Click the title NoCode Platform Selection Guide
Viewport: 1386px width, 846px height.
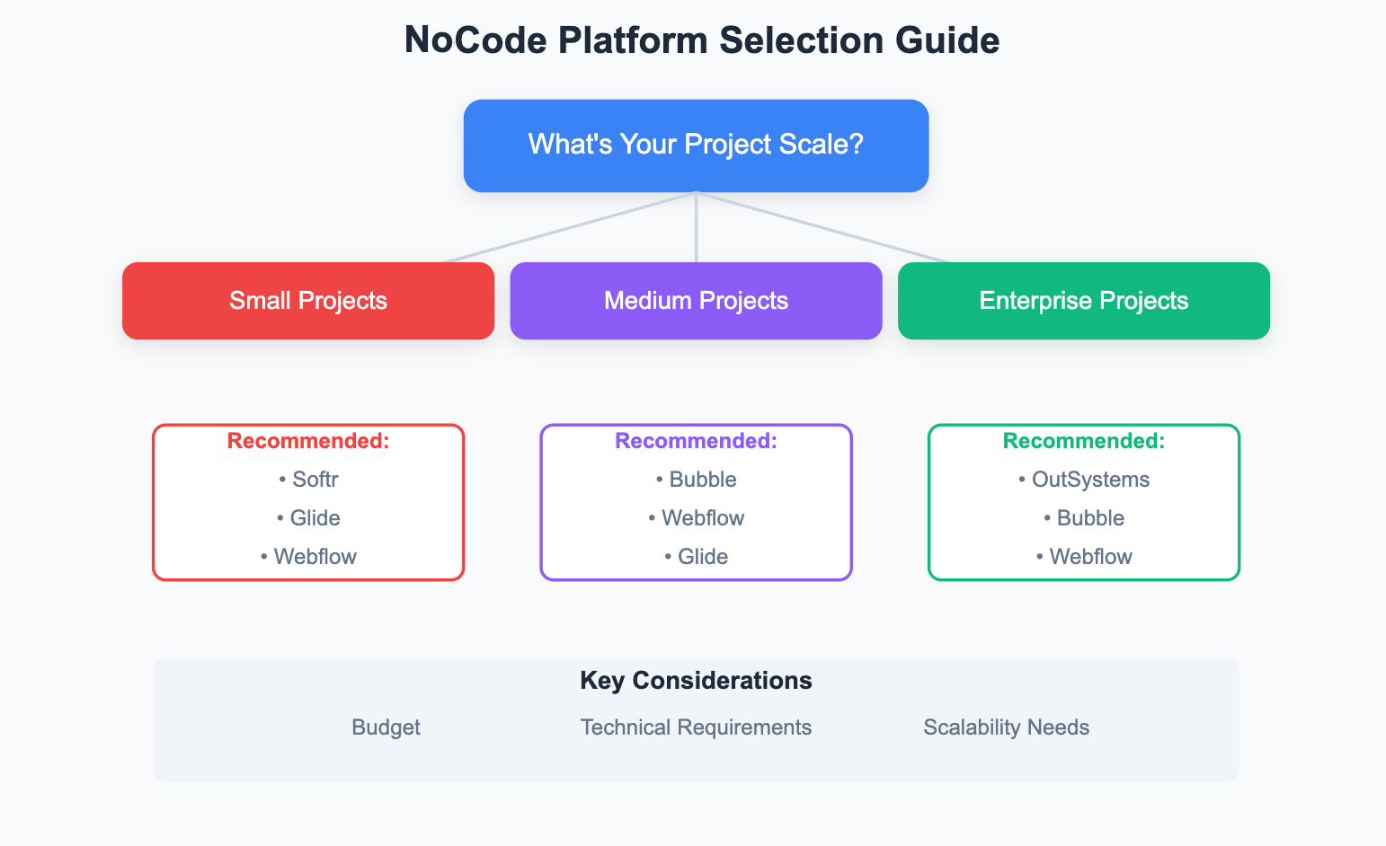click(x=701, y=40)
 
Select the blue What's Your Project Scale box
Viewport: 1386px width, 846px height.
click(x=696, y=145)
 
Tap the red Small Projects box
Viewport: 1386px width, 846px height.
click(x=308, y=301)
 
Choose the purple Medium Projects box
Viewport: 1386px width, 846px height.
click(x=696, y=301)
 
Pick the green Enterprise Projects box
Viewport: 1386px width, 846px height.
click(x=1083, y=301)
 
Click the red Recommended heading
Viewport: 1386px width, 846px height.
click(x=308, y=441)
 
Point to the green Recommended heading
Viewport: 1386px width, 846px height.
click(x=1083, y=441)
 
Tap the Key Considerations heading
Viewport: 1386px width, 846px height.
click(x=696, y=681)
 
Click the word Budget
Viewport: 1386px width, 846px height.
click(x=386, y=727)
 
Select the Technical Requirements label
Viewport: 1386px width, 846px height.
click(x=696, y=727)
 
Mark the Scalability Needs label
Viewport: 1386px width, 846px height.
click(x=1006, y=727)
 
